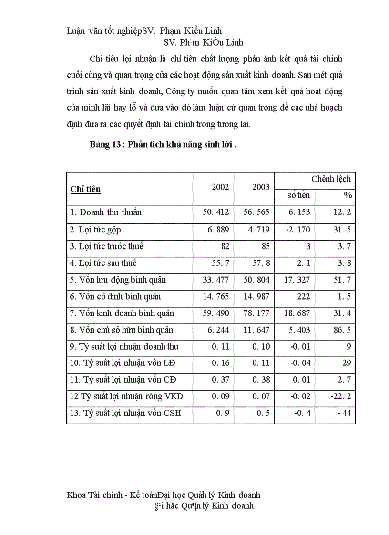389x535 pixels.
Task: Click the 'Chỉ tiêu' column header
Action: (86, 189)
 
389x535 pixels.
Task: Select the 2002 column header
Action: (220, 187)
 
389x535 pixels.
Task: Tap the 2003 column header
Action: (261, 187)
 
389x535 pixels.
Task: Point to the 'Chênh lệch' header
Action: (331, 179)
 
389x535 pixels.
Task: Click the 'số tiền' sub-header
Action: (298, 195)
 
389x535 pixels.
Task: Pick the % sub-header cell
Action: (348, 195)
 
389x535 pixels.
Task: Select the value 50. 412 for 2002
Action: (216, 212)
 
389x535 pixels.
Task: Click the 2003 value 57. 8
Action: (261, 263)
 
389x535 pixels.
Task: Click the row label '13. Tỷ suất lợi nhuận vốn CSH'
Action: (125, 413)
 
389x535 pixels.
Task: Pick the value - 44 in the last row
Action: (344, 413)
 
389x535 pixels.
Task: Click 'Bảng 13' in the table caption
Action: (105, 145)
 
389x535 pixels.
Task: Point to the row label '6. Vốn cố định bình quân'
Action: (115, 296)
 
